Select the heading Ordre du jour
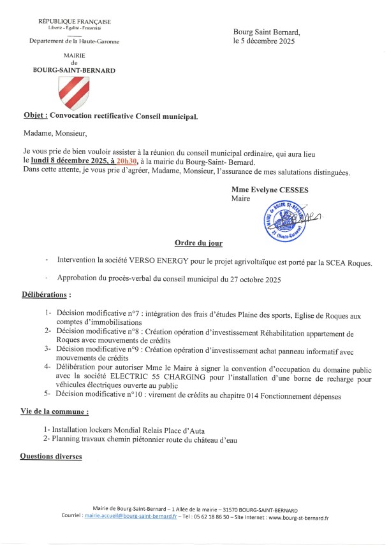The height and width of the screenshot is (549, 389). [198, 244]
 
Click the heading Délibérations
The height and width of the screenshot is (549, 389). [45, 296]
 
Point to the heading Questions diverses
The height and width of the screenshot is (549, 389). [51, 456]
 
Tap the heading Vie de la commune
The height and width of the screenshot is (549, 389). [54, 413]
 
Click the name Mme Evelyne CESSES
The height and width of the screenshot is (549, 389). [268, 190]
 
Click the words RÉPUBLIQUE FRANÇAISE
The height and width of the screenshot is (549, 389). [74, 23]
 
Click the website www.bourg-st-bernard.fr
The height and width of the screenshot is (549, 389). [298, 518]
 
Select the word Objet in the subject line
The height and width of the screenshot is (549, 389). [34, 117]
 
